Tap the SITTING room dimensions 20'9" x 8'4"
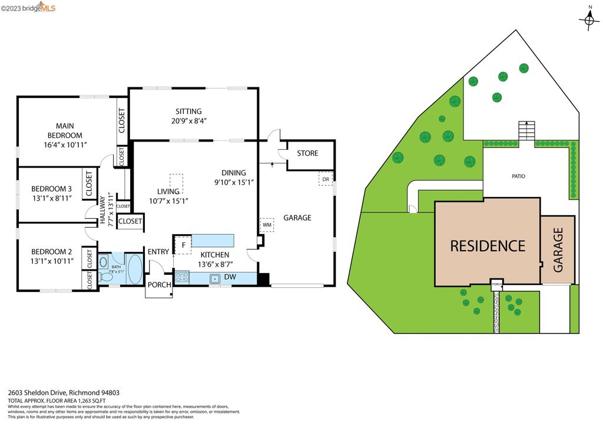pos(188,121)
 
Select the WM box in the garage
pos(267,225)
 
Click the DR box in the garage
pos(325,179)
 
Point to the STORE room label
pos(307,153)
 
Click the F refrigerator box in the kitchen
pos(183,245)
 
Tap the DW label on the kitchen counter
pos(230,277)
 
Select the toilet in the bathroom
pos(106,276)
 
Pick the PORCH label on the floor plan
pos(159,285)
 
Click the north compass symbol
pos(589,21)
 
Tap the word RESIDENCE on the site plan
pos(487,246)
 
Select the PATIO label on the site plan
pos(518,176)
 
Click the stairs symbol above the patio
pos(526,130)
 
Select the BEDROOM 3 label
pos(51,189)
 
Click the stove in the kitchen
pos(182,277)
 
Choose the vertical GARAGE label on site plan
pos(558,250)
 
